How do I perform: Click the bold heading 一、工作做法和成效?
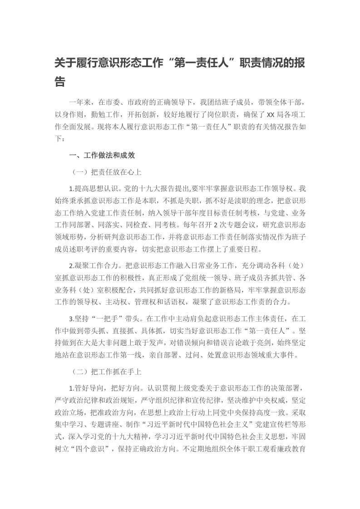(x=102, y=155)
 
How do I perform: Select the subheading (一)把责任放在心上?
(x=107, y=172)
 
